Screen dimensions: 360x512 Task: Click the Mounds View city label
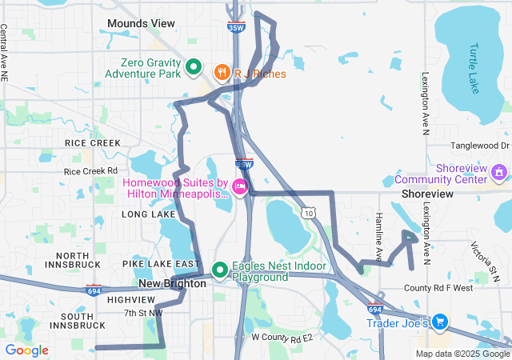pyautogui.click(x=140, y=23)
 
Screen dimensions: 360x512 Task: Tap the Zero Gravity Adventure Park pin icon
pyautogui.click(x=193, y=67)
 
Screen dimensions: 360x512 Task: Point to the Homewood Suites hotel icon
pyautogui.click(x=238, y=186)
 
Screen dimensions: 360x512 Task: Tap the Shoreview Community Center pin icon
pyautogui.click(x=499, y=172)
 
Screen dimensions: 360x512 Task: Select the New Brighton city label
pyautogui.click(x=173, y=284)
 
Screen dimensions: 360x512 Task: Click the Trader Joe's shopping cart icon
pyautogui.click(x=439, y=322)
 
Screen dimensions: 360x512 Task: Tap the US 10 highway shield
pyautogui.click(x=309, y=212)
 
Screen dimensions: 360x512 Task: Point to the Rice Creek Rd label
pyautogui.click(x=90, y=170)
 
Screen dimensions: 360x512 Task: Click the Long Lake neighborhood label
pyautogui.click(x=148, y=214)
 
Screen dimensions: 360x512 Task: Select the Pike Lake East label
pyautogui.click(x=161, y=263)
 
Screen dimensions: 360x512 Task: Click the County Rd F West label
pyautogui.click(x=438, y=288)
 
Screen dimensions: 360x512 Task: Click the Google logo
pyautogui.click(x=26, y=350)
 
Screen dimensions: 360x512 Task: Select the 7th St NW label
pyautogui.click(x=143, y=312)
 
